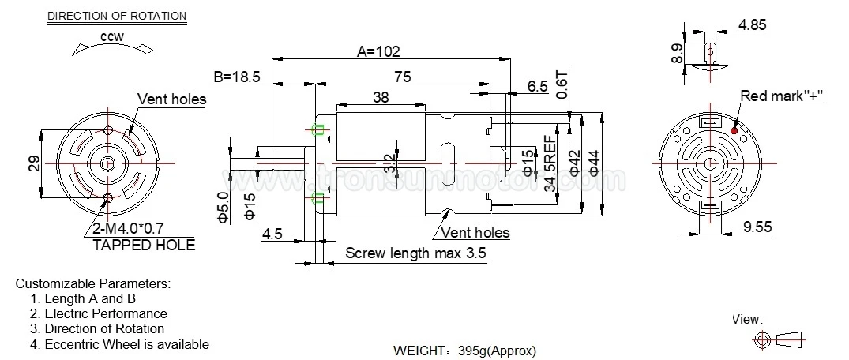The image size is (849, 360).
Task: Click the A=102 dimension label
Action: click(378, 51)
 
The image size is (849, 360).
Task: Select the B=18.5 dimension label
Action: click(237, 77)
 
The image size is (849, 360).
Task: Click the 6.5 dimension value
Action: click(538, 87)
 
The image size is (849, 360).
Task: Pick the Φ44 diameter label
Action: click(595, 162)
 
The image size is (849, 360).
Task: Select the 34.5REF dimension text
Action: click(550, 167)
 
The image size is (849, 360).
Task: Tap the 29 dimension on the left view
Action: click(34, 163)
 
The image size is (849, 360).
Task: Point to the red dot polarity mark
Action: click(734, 130)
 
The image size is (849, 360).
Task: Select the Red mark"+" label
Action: click(781, 96)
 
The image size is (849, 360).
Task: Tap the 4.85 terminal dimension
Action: click(753, 25)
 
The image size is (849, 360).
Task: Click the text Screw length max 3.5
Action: click(415, 253)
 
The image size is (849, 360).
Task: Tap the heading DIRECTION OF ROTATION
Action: click(117, 16)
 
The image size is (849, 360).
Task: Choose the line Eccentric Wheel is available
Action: click(126, 343)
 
